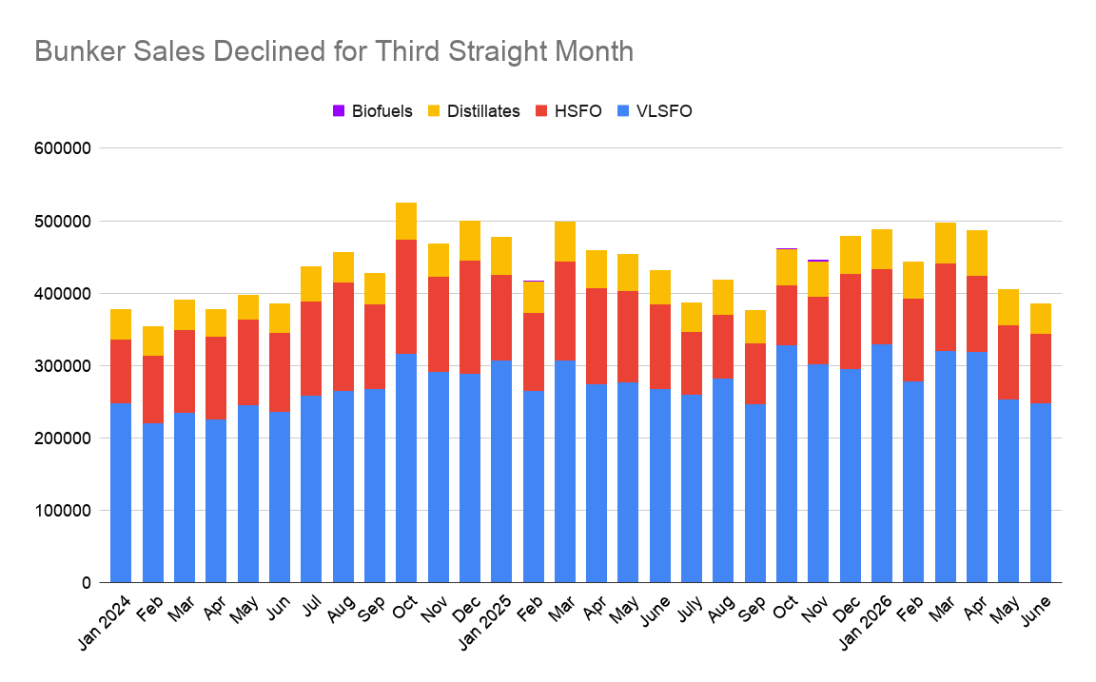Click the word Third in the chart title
tap(407, 51)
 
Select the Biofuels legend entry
tap(373, 111)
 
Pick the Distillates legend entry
tap(474, 111)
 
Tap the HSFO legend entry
tap(568, 111)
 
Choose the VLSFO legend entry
tap(655, 111)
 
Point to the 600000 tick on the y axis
tap(63, 148)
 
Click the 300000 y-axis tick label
tap(63, 366)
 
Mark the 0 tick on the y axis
tap(86, 583)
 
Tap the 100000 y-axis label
tap(63, 511)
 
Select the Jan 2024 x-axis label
tap(105, 622)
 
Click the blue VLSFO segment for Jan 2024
tap(121, 493)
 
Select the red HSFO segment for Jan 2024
tap(121, 371)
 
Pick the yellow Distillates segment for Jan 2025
tap(501, 256)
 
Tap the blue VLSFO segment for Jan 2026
tap(881, 463)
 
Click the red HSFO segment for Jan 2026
tap(881, 307)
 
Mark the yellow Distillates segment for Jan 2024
tap(121, 324)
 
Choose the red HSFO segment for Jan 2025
tap(501, 318)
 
